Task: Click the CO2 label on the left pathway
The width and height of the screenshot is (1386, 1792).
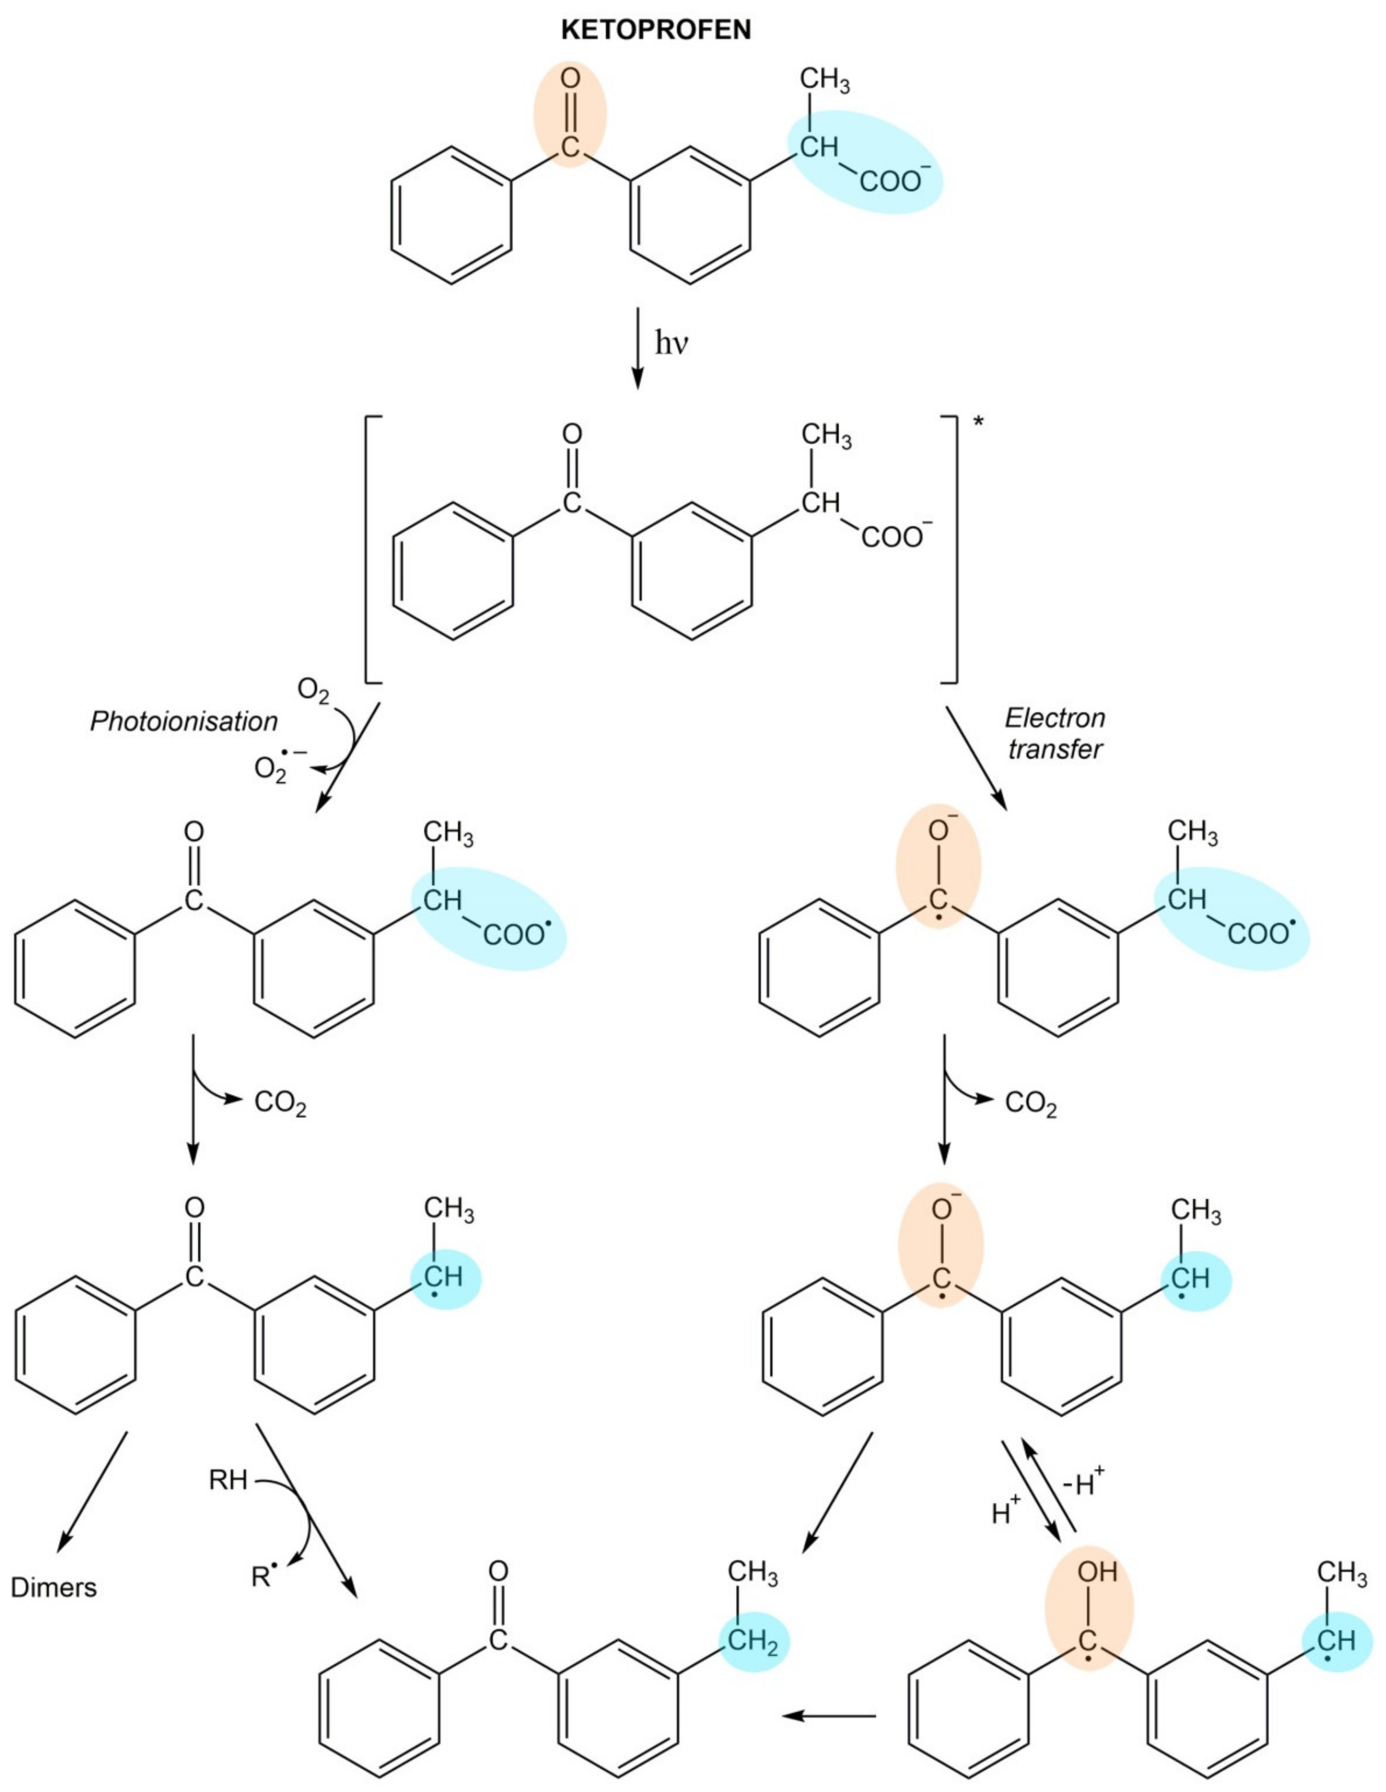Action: (x=280, y=1103)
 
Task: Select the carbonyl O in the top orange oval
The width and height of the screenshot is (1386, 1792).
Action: (x=571, y=80)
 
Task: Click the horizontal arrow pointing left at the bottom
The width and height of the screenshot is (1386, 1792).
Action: (x=829, y=1716)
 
